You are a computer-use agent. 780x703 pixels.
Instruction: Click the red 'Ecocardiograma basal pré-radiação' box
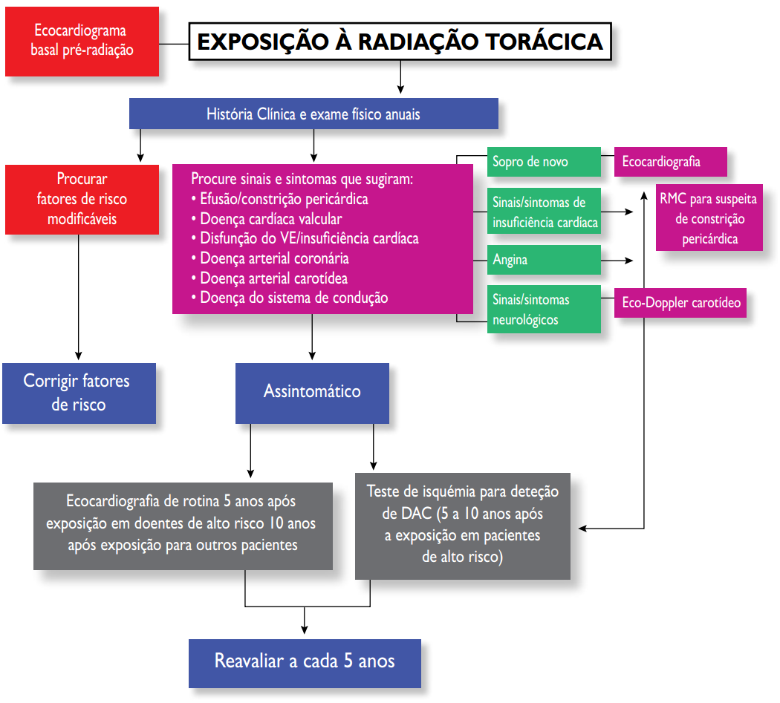82,42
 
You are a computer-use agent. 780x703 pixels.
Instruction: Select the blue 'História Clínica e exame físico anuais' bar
313,114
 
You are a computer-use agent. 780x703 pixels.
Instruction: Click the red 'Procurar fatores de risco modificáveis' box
82,199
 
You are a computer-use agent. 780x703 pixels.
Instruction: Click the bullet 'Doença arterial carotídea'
273,278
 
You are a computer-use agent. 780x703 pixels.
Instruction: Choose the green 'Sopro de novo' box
544,162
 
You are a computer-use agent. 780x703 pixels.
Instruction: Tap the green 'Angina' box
544,260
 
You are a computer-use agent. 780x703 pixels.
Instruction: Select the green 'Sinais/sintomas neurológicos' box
544,310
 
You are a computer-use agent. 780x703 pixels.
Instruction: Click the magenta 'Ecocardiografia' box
670,162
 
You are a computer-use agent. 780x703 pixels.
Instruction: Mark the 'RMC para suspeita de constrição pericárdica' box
709,218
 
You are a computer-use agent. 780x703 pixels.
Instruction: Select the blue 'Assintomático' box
312,392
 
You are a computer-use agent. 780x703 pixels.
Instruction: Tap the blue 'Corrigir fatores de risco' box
79,393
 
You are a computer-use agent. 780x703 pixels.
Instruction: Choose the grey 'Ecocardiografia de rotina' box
183,524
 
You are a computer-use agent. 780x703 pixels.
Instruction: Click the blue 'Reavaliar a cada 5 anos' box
305,661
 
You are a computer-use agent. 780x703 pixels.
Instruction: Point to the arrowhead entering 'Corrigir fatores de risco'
78,356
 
